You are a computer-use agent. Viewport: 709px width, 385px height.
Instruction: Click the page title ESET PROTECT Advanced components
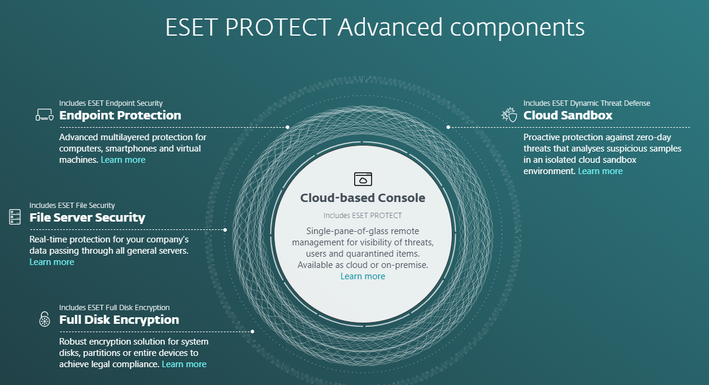pos(375,27)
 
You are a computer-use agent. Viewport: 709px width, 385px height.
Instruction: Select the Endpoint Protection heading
pos(120,115)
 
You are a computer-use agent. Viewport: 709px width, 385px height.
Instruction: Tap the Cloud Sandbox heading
pos(568,115)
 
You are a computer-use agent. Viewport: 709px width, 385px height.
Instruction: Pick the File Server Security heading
pos(88,217)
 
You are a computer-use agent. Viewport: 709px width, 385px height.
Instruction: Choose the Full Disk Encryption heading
pos(119,320)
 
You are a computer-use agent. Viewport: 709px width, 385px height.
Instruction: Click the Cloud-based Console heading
pos(363,198)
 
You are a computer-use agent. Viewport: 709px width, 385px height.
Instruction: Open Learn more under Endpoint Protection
pos(123,160)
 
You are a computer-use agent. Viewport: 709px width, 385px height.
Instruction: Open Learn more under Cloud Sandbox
pos(600,171)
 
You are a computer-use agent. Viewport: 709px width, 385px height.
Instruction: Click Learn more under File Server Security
pos(52,262)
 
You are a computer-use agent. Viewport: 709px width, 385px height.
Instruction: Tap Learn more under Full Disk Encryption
pos(184,364)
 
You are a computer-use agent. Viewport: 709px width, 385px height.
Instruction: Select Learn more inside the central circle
pos(363,276)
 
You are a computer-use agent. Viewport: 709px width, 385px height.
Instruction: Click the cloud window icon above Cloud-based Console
pos(363,179)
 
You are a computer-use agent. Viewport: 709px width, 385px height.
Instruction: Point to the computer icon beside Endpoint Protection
pos(45,115)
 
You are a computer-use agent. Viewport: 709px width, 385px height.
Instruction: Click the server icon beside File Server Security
pos(15,216)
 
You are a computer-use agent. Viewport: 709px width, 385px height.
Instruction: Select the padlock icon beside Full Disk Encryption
pos(45,319)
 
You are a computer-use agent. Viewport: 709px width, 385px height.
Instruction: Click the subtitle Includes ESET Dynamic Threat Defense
pos(587,103)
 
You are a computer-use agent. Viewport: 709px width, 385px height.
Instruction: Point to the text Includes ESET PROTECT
pos(363,216)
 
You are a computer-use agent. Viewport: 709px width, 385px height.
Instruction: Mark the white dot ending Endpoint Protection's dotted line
pos(288,127)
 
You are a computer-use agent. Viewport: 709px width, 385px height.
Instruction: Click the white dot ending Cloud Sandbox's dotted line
pos(448,127)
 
